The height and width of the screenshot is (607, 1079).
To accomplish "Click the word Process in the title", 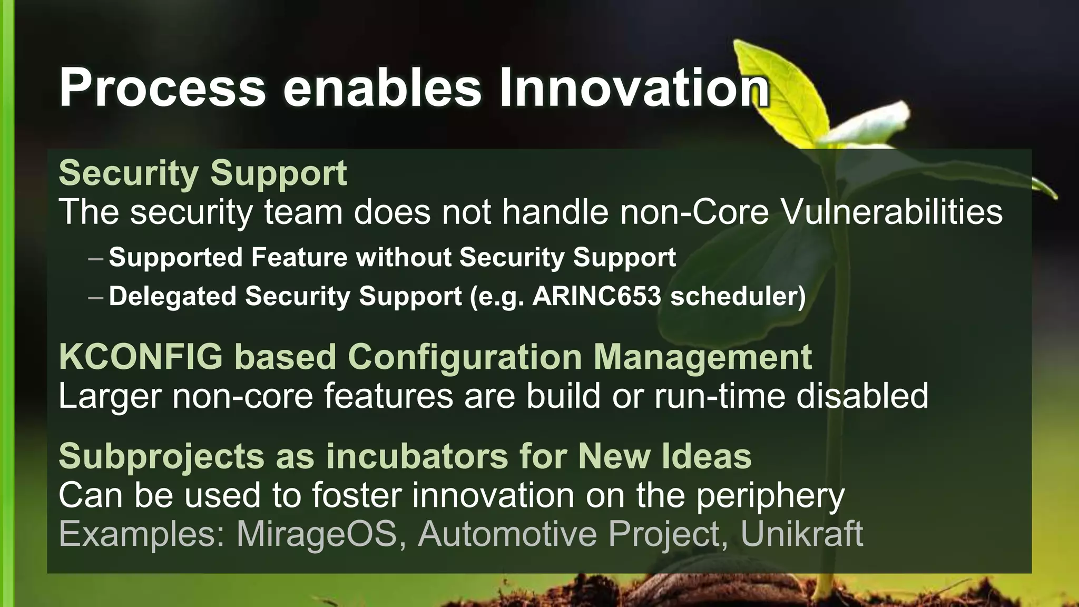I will click(162, 87).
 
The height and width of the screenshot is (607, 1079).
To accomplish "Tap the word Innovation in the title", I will click(634, 87).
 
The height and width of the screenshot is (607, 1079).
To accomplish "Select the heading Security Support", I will click(203, 173).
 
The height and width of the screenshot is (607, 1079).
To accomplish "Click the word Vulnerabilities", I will click(891, 212).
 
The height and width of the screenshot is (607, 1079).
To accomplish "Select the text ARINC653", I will click(596, 296).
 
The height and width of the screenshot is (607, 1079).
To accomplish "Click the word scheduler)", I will click(738, 296).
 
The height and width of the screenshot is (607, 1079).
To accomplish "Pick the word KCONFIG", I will click(141, 357).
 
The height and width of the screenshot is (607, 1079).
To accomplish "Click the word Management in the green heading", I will click(703, 357).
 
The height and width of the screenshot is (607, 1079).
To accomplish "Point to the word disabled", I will click(862, 396).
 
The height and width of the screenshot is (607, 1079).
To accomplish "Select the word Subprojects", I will click(161, 456).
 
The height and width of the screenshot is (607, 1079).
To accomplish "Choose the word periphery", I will click(770, 496).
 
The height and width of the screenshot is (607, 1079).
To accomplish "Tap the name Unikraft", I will click(802, 534).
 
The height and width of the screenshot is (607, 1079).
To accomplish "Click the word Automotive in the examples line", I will click(507, 534).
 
